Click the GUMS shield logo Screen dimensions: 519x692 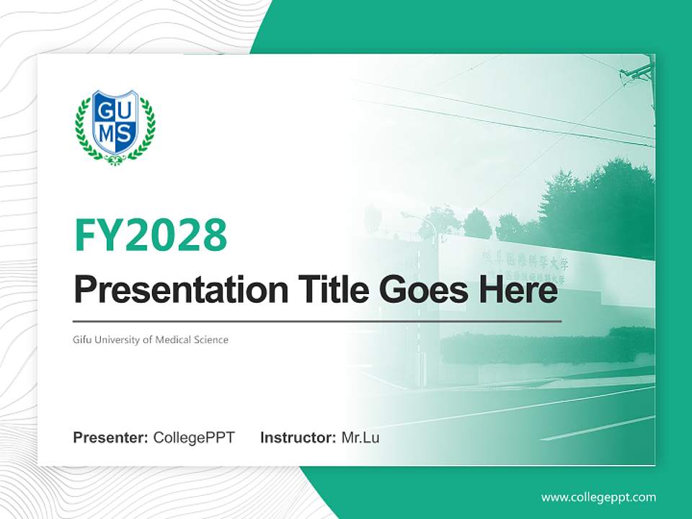[115, 126]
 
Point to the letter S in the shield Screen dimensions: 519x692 [125, 133]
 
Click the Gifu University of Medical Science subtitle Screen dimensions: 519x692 [151, 340]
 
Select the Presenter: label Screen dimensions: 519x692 [111, 438]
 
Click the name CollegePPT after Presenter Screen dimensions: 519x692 [194, 438]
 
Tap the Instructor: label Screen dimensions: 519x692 [298, 438]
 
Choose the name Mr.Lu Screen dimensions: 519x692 [360, 438]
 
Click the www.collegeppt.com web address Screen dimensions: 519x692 [598, 497]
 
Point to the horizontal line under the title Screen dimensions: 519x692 [317, 321]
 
